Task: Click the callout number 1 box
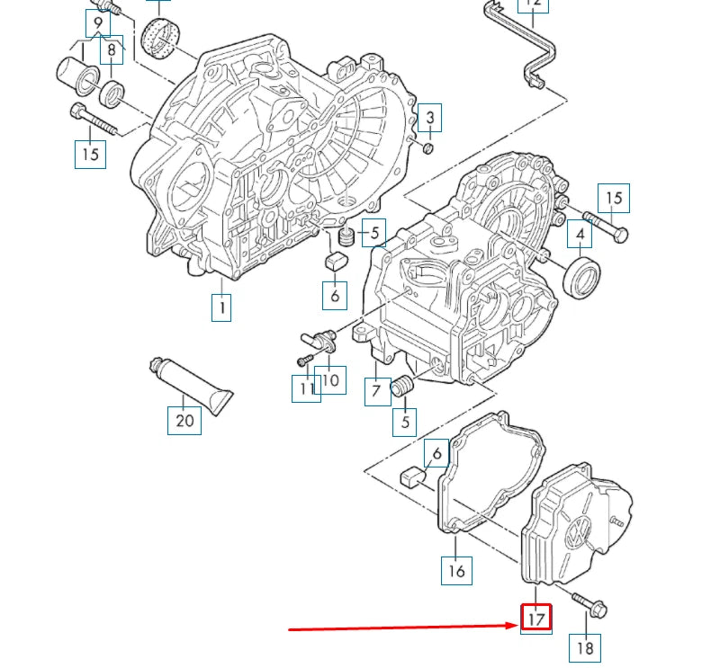(220, 307)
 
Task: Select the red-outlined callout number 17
(535, 618)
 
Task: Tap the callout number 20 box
(184, 420)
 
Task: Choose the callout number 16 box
(457, 570)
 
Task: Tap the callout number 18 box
(585, 646)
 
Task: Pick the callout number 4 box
(580, 235)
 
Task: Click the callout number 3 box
(430, 118)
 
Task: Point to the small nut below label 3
(428, 147)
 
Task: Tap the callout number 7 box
(377, 392)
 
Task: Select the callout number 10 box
(331, 380)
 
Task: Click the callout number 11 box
(305, 388)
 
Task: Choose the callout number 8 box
(112, 50)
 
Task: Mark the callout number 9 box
(98, 22)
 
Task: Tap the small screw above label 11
(304, 361)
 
